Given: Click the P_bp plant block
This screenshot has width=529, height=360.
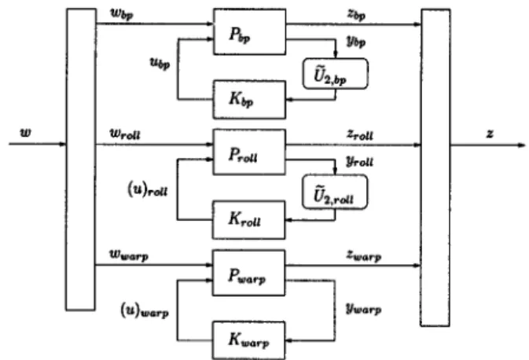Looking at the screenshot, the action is tap(250, 31).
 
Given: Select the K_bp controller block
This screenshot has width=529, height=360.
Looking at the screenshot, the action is tap(249, 100).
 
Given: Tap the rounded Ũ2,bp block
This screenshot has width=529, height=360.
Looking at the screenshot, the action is tap(336, 74).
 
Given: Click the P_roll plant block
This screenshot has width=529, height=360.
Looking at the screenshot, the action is tap(249, 152).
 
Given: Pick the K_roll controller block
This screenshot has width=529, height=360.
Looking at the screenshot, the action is tap(248, 220).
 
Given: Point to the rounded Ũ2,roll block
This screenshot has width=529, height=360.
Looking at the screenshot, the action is tap(335, 192).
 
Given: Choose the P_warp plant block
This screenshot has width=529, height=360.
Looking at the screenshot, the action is tap(248, 273).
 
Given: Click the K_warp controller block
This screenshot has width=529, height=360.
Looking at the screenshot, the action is tap(248, 340).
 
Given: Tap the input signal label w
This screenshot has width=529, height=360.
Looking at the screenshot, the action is tap(26, 132).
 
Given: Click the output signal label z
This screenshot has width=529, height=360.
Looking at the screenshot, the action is tap(490, 134).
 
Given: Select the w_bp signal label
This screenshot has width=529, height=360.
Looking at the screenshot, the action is tap(122, 14).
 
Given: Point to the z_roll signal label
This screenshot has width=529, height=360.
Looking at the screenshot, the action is tap(360, 135).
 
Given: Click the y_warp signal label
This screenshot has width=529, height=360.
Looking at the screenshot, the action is tap(364, 309).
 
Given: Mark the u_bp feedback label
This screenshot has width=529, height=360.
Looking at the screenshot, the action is tap(160, 63).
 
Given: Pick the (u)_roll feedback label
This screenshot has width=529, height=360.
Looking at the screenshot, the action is tap(148, 189).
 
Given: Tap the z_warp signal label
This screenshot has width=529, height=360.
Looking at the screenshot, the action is tap(364, 255).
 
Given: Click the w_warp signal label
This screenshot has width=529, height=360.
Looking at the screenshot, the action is tap(129, 255).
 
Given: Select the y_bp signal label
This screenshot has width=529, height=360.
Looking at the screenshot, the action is tap(356, 41).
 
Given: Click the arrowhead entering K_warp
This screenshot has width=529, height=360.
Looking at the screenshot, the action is tap(288, 340).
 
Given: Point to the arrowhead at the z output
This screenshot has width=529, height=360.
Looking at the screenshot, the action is tap(522, 145).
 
